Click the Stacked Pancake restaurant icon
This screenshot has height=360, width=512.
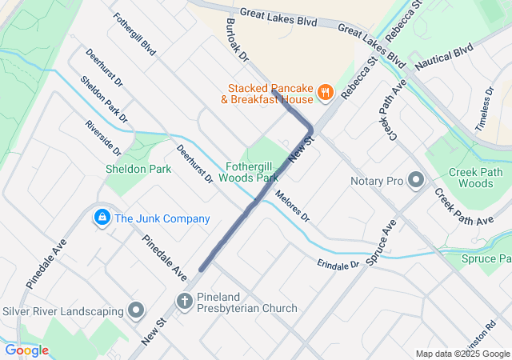click(325, 94)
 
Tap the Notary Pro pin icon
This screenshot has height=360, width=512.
click(415, 181)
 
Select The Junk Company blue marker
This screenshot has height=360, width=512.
click(102, 218)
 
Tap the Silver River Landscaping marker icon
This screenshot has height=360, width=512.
click(136, 310)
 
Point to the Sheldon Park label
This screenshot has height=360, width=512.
click(138, 170)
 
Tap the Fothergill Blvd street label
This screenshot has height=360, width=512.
click(134, 33)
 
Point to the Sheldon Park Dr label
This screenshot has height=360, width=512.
click(104, 99)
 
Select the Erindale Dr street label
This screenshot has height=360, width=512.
click(338, 264)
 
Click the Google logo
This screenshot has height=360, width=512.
click(26, 350)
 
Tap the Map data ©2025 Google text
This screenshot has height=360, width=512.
click(462, 354)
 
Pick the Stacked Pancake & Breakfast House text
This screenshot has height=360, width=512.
click(270, 94)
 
